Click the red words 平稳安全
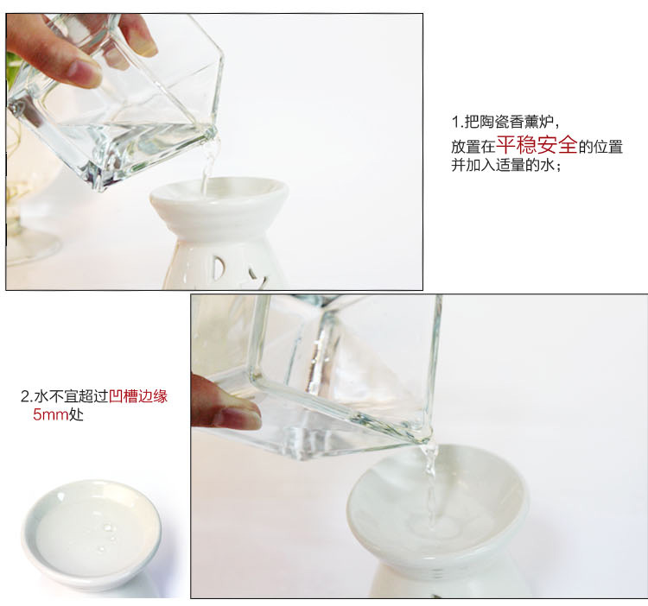click(537, 144)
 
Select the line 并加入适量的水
click(505, 165)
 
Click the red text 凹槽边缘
click(138, 396)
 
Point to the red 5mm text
click(50, 414)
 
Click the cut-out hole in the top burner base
click(219, 270)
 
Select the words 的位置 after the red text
click(600, 147)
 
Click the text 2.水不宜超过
click(65, 396)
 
